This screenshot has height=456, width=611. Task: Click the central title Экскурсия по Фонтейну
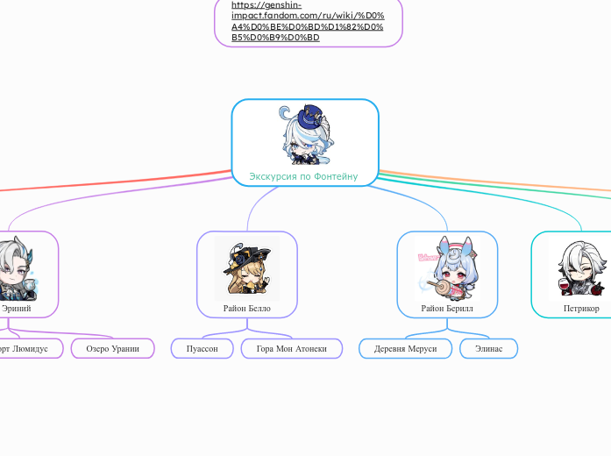click(x=303, y=176)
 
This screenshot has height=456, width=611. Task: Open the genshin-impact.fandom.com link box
click(x=308, y=22)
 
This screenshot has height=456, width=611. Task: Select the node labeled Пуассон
click(x=202, y=348)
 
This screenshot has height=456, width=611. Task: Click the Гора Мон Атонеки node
click(x=292, y=348)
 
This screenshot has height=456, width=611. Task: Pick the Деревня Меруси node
click(x=405, y=348)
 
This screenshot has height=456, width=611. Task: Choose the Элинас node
click(x=488, y=348)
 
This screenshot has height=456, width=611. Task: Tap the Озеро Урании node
click(x=112, y=348)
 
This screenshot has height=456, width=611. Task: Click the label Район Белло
click(x=247, y=308)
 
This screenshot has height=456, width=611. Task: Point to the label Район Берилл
click(x=447, y=308)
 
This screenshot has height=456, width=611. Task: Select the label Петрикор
click(x=581, y=308)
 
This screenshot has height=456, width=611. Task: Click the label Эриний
click(x=17, y=308)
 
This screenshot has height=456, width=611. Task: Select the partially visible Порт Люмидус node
click(x=29, y=348)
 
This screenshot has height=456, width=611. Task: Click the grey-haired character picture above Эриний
click(x=16, y=269)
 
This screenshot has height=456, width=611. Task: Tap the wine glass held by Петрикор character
click(x=564, y=285)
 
